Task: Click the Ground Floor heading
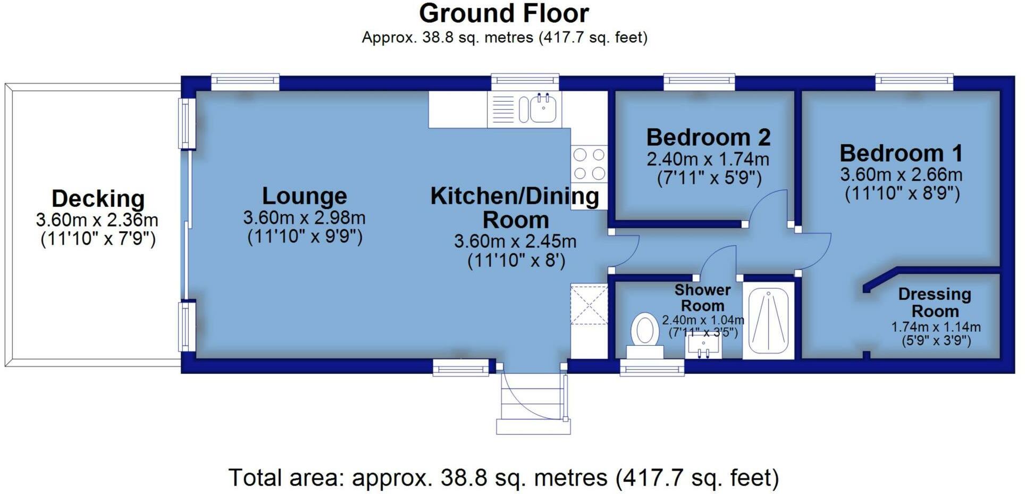(x=503, y=13)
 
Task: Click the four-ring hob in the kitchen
(x=589, y=164)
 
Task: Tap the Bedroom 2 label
(x=708, y=138)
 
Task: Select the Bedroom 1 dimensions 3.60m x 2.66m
(x=901, y=174)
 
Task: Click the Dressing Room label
(x=935, y=302)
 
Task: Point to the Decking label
(x=98, y=199)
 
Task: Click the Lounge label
(x=304, y=196)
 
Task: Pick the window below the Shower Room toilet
(x=652, y=367)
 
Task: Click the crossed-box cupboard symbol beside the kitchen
(x=589, y=305)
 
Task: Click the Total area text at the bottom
(x=503, y=478)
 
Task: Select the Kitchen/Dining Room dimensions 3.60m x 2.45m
(x=515, y=241)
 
